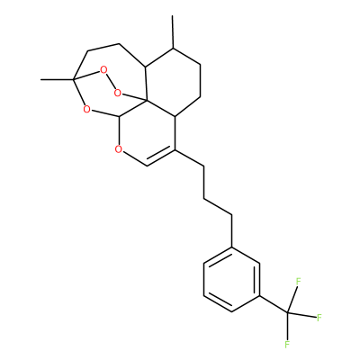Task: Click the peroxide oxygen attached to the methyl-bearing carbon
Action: pos(103,70)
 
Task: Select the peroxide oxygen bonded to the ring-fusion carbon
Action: pos(118,93)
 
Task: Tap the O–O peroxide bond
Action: pos(111,82)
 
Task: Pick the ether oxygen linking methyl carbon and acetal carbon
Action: pos(86,109)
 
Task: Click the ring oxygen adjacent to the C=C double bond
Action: pos(119,148)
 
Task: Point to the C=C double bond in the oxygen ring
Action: pos(161,157)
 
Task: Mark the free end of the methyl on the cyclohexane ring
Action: pos(173,15)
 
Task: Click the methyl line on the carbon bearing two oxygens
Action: pos(57,80)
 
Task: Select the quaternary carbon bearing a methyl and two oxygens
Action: pos(73,80)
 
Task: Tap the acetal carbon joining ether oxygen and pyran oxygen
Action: pos(120,116)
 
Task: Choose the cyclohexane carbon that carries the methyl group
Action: pos(173,48)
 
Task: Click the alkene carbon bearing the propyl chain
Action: pos(175,149)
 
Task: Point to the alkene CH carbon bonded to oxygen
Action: pos(147,166)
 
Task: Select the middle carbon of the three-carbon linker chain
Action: pos(204,198)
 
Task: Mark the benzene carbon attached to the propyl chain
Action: pos(232,247)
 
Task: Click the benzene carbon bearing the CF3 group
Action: pos(260,296)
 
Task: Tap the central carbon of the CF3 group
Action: pos(288,313)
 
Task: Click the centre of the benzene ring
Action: pos(232,280)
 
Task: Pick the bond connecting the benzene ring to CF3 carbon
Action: pos(274,304)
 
